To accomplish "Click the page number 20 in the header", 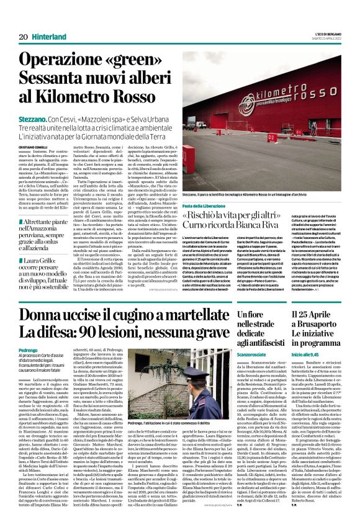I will point(23,38).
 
